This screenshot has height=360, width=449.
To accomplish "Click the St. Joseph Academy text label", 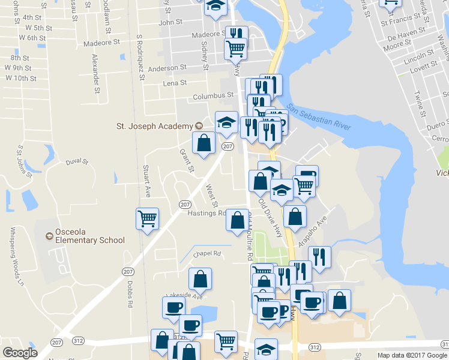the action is coord(154,126).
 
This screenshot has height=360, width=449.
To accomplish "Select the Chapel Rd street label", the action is coord(207,254).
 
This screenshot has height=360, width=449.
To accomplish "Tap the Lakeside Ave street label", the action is coord(187,296).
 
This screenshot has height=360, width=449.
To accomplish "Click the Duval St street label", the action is coord(77,162).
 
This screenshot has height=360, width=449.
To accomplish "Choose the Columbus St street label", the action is coord(212,96).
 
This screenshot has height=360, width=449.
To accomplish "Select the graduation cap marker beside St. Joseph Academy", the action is coord(226,122).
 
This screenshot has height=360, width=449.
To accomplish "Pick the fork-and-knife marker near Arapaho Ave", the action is coord(319,256).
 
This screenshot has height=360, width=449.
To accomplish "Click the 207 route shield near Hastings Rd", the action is coord(185,205).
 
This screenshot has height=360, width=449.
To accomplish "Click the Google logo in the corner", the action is coord(20,353).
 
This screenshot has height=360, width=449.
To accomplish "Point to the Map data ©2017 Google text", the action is coord(412,355).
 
